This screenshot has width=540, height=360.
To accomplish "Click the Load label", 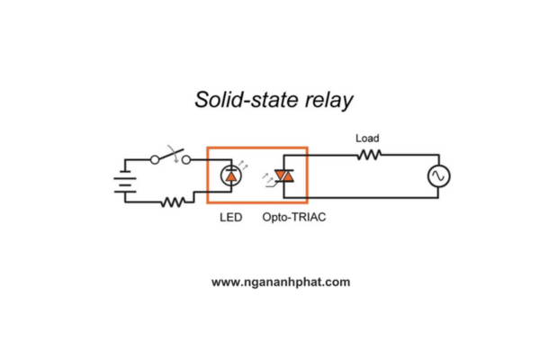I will pyautogui.click(x=367, y=139).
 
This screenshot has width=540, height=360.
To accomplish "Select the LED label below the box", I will pyautogui.click(x=230, y=218).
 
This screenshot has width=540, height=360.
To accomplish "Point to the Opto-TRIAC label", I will pyautogui.click(x=294, y=218).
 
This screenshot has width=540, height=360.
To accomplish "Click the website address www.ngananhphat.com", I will pyautogui.click(x=281, y=282).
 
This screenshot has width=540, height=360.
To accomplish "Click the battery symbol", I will pyautogui.click(x=123, y=181).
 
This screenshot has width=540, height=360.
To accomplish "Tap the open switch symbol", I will pyautogui.click(x=171, y=157).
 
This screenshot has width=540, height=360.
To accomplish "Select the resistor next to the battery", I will pyautogui.click(x=172, y=202).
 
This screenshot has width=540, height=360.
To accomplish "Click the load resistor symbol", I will pyautogui.click(x=369, y=155).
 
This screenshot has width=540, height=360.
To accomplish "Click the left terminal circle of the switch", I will pyautogui.click(x=155, y=159).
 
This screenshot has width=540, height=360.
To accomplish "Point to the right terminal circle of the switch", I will pyautogui.click(x=187, y=159).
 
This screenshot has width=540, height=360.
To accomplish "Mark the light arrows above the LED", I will pyautogui.click(x=237, y=157).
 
